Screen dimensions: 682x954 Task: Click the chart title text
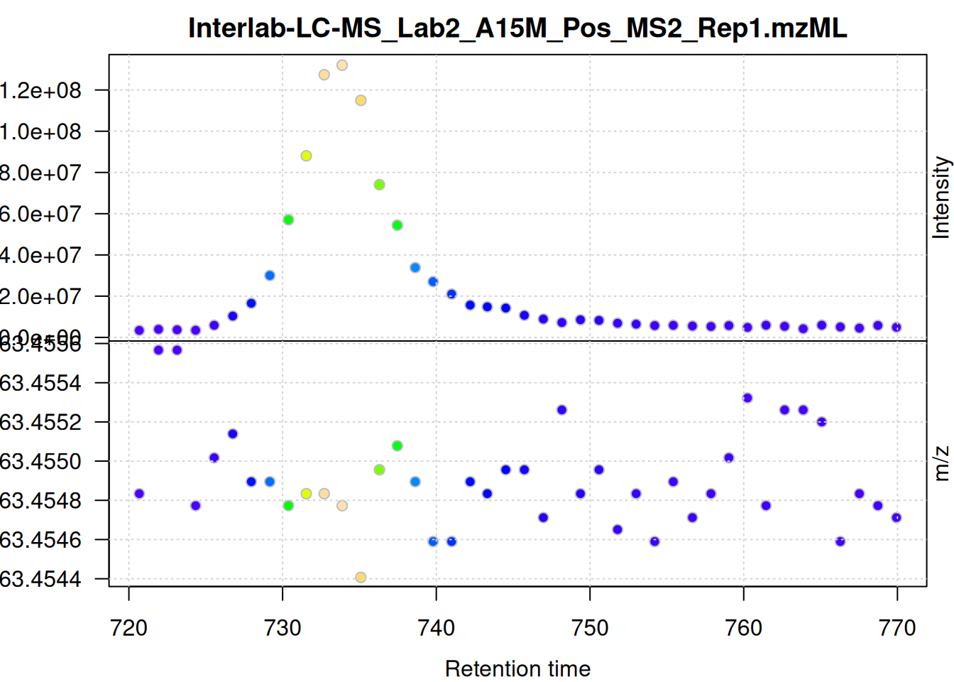tap(517, 28)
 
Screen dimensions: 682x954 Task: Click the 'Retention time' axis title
tap(517, 669)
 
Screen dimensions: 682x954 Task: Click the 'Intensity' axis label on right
tap(941, 197)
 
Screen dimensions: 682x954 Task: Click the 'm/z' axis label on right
tap(941, 463)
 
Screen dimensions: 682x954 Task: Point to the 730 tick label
tap(283, 628)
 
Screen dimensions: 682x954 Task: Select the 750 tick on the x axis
tap(590, 628)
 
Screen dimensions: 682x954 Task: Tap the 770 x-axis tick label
tap(897, 628)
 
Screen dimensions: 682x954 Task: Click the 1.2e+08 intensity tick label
tap(40, 90)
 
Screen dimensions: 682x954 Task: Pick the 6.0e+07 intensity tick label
tap(40, 214)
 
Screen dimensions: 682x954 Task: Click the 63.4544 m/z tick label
tap(40, 579)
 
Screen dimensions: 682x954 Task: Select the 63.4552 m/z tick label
tap(40, 422)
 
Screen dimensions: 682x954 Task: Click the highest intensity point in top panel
tap(342, 65)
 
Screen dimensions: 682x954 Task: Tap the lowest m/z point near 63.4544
tap(361, 578)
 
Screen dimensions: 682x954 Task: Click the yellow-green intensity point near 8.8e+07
tap(306, 156)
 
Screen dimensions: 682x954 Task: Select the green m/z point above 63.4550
tap(397, 446)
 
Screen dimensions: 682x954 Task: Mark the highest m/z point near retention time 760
tap(747, 398)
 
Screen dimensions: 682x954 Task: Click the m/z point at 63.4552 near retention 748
tap(562, 410)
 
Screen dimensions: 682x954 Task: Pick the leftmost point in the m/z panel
tap(139, 494)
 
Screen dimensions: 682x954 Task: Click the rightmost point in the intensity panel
tap(897, 328)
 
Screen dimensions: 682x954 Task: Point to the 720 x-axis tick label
tap(129, 628)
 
